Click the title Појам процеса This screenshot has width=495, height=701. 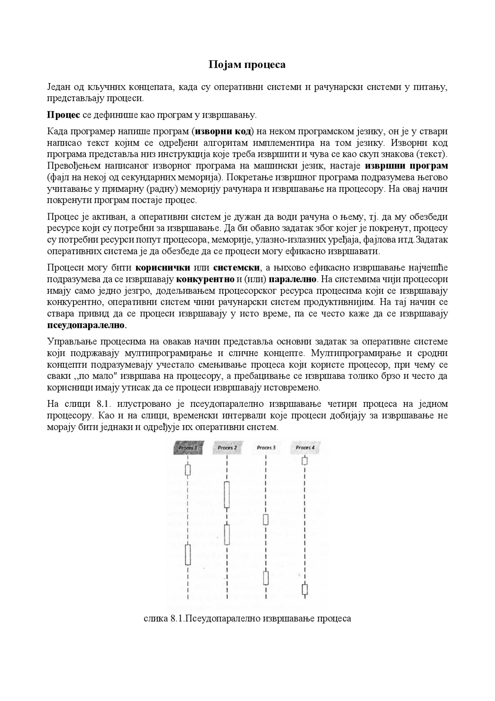(x=247, y=64)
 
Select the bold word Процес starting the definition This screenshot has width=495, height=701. (x=63, y=115)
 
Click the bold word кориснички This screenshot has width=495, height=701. (x=163, y=267)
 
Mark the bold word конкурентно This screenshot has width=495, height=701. (x=205, y=279)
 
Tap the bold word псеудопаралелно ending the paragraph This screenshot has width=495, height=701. (x=86, y=325)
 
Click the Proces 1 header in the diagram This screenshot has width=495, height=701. (x=188, y=448)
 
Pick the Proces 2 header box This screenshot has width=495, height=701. (x=227, y=448)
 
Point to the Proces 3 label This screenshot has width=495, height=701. (x=266, y=448)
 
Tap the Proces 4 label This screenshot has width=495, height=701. (x=305, y=448)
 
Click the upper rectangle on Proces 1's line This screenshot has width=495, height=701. (x=188, y=470)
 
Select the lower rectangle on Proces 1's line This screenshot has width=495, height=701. (x=188, y=555)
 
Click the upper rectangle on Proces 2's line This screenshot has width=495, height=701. (x=227, y=495)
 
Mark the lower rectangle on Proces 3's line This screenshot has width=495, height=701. (x=266, y=578)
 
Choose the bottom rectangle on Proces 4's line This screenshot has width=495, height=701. (x=305, y=590)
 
